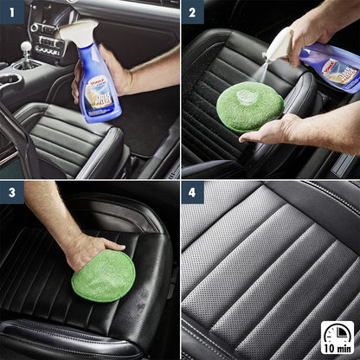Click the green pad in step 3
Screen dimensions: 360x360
point(104,275)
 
